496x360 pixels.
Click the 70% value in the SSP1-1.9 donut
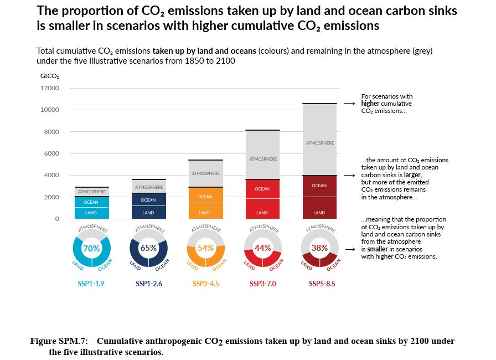point(91,249)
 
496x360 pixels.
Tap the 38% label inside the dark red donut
point(319,248)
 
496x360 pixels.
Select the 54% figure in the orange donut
point(205,248)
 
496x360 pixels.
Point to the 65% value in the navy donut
point(148,248)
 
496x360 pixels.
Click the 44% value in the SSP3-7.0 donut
point(262,248)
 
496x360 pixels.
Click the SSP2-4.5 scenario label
point(205,284)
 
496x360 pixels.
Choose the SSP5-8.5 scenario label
point(322,284)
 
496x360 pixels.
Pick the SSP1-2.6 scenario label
point(148,284)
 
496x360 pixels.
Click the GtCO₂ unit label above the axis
point(50,76)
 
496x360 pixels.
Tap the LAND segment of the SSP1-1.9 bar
point(91,213)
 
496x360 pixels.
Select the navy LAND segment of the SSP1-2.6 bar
point(148,213)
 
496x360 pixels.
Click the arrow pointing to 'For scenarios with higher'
point(349,104)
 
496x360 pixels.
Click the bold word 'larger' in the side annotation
point(412,175)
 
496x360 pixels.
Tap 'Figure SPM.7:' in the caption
point(63,341)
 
